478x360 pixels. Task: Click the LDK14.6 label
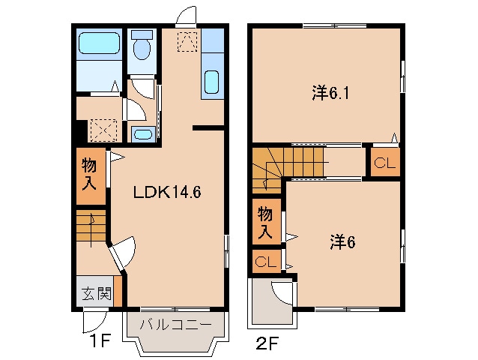[x=167, y=192]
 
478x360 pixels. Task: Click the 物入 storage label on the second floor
[x=266, y=222]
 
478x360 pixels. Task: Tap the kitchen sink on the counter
[x=211, y=80]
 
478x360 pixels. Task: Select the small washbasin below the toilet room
[x=142, y=134]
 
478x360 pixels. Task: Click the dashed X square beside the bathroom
[x=103, y=130]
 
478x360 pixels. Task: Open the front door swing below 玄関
[x=91, y=322]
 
